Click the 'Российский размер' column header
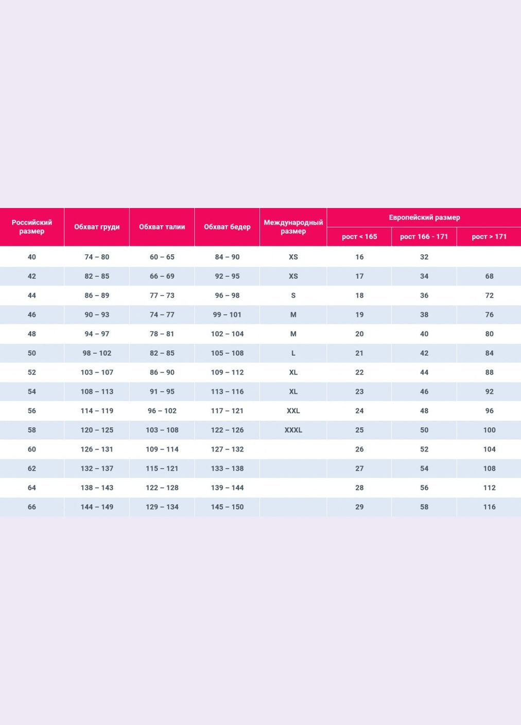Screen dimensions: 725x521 tap(32, 227)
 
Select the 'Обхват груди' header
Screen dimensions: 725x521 tap(97, 227)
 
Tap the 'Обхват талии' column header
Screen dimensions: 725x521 tap(162, 227)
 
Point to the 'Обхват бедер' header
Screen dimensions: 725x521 tap(227, 227)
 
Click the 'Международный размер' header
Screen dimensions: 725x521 tap(293, 227)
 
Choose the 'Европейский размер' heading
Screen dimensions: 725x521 tap(424, 217)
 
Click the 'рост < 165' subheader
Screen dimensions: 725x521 tap(359, 236)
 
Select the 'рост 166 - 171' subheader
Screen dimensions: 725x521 tap(424, 236)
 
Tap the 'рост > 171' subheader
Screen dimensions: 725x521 tap(489, 236)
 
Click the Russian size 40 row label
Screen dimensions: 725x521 tap(32, 257)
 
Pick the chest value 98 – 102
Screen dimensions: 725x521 tap(97, 353)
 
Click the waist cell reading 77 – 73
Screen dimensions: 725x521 tap(162, 296)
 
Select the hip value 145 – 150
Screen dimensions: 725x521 tap(227, 507)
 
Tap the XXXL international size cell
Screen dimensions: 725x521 tap(293, 430)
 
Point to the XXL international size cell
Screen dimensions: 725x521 tap(293, 411)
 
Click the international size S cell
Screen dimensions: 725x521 tap(293, 296)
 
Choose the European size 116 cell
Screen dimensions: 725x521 tap(489, 507)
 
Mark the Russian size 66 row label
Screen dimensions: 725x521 tap(32, 507)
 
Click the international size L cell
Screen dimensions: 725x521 tap(293, 353)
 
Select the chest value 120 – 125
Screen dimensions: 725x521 tap(97, 430)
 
